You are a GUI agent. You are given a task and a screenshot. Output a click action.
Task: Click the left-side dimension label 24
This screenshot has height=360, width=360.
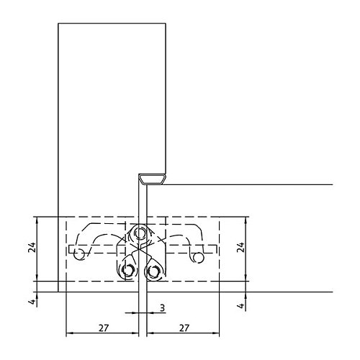[x=32, y=248]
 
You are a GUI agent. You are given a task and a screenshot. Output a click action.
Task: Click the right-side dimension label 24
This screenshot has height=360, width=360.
[x=240, y=248]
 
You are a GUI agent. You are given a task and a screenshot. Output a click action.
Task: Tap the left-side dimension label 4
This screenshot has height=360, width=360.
[x=32, y=301]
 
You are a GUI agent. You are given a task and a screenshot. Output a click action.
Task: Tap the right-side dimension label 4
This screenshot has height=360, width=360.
[x=241, y=305]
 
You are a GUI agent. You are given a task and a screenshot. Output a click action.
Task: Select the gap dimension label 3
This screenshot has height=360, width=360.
[x=163, y=307]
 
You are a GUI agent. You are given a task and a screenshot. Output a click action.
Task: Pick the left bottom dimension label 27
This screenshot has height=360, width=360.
[x=104, y=328]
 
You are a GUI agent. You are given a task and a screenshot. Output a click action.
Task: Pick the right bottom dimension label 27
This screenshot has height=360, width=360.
[x=184, y=328]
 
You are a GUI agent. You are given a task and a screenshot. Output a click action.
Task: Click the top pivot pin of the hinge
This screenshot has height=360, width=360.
[x=140, y=233]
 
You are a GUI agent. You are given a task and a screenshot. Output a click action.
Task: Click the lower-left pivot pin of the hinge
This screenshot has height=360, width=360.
[x=128, y=271]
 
